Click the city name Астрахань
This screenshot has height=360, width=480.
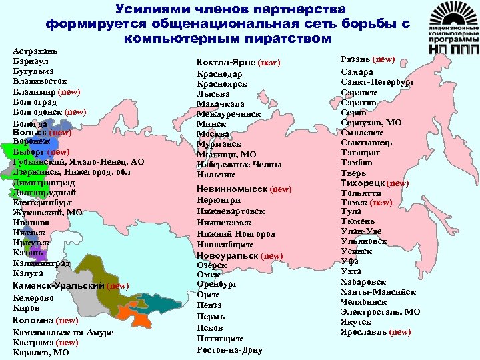click(35, 50)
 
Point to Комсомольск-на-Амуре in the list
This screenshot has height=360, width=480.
click(63, 332)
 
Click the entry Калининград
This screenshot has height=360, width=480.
click(41, 263)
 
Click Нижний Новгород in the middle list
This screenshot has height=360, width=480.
click(235, 234)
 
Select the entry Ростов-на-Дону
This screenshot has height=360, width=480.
click(229, 349)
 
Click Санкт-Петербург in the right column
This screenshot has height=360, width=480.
click(377, 82)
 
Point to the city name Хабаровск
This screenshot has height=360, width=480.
click(363, 281)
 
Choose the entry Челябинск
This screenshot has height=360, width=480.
click(364, 301)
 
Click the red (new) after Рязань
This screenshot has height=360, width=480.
click(384, 59)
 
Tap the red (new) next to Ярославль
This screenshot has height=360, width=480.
click(400, 331)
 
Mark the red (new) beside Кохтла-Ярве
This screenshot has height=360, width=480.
click(269, 63)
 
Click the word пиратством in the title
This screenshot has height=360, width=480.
click(293, 39)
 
